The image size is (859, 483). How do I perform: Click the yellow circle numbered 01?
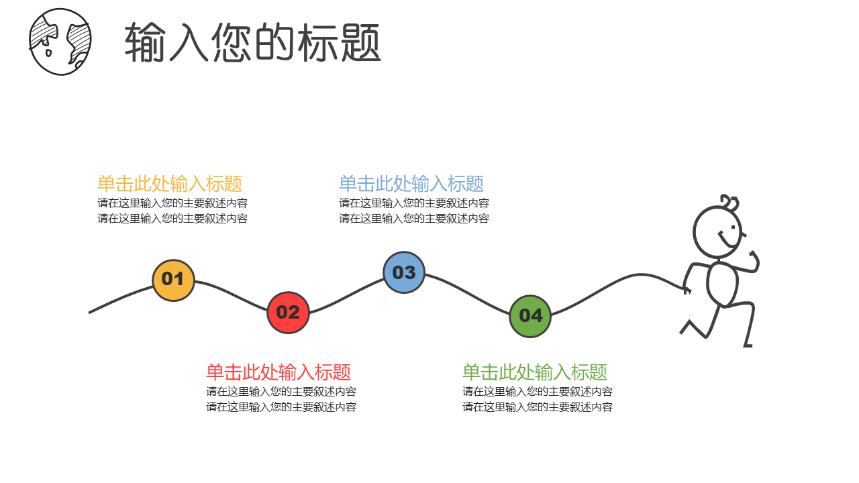pos(173,280)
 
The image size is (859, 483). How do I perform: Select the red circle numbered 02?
pos(288,313)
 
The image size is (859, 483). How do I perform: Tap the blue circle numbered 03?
pos(404,272)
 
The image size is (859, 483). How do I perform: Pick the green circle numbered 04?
pos(530,316)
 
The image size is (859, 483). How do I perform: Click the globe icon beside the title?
pos(60,42)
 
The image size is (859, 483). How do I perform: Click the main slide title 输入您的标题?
pos(252,43)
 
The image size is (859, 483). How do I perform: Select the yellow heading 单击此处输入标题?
pos(170,184)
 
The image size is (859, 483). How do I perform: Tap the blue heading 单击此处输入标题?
pos(411,184)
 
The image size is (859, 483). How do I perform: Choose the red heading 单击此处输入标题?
pos(279,372)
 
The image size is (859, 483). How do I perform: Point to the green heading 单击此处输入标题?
pos(535,372)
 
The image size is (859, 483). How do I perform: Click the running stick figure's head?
pos(717,232)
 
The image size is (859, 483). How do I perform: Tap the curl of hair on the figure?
pos(729,201)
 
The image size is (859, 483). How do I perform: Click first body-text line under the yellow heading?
pos(172,203)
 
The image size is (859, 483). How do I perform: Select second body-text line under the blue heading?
pos(414,219)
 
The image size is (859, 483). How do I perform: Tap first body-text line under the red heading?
pos(281,392)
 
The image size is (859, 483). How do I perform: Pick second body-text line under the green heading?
pos(538,407)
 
